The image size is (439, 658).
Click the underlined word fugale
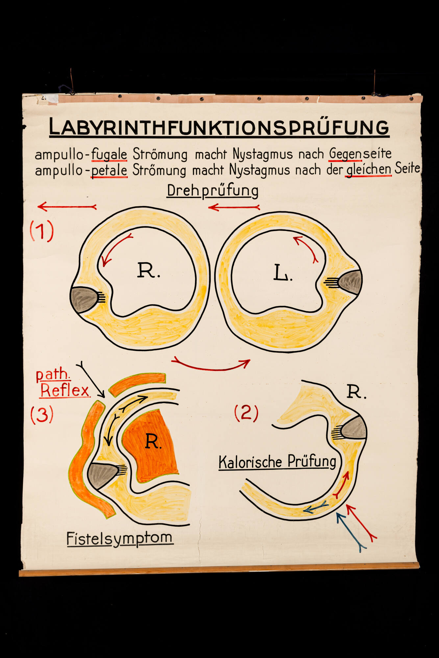109,154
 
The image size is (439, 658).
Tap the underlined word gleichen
369,169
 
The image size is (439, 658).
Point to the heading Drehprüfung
212,191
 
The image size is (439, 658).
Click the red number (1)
42,231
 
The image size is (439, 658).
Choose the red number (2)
246,413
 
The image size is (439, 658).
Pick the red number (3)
42,415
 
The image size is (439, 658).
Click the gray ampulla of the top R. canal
84,299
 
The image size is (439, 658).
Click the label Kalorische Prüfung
278,462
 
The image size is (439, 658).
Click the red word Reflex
65,390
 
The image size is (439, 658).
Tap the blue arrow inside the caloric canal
315,507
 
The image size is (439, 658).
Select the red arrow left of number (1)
67,207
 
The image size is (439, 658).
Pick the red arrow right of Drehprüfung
234,207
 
